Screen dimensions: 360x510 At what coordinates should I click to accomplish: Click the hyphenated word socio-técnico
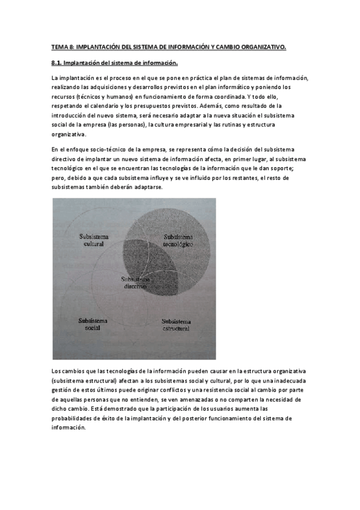[x=104, y=149]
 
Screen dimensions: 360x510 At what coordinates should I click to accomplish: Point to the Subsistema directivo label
[x=135, y=283]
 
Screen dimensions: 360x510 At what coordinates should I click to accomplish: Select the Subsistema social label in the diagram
[x=93, y=325]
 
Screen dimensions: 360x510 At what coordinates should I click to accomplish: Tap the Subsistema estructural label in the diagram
[x=175, y=325]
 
